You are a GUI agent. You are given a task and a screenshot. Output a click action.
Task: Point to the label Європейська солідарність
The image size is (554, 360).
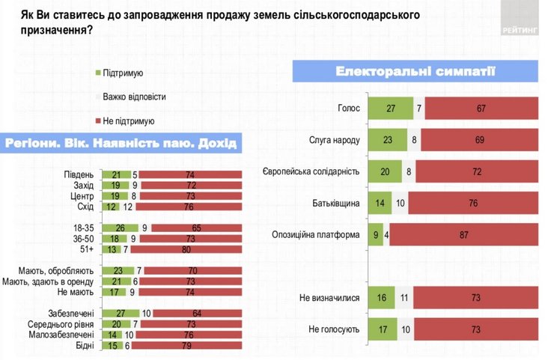coord(315,171)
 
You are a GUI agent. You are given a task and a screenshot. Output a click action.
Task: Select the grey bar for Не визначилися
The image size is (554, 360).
coord(405,297)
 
